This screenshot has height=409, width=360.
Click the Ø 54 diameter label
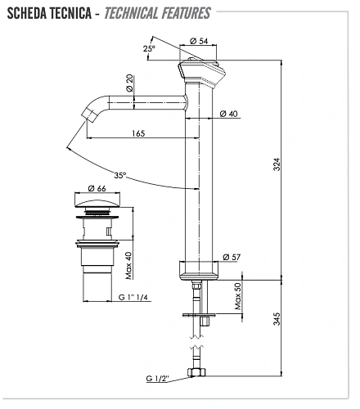click(199, 41)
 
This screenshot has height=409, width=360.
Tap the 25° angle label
click(148, 48)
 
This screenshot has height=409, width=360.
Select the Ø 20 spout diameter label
click(130, 83)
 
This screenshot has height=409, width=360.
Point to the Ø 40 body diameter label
click(231, 114)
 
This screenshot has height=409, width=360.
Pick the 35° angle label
click(121, 175)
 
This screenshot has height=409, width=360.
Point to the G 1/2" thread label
click(160, 378)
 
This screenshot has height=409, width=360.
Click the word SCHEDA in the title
click(29, 13)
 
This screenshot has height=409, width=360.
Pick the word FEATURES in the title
click(179, 13)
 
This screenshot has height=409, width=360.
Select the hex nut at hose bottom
click(196, 374)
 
